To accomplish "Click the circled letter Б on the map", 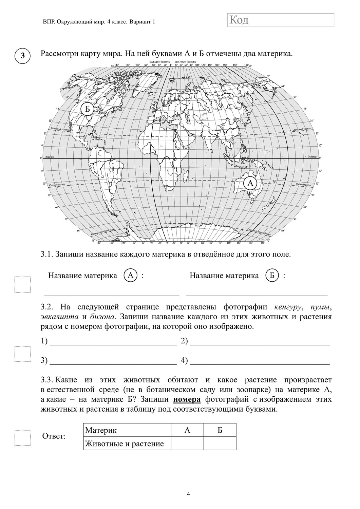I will [x=87, y=109].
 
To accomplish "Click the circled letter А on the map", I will [x=250, y=183].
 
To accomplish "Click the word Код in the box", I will [x=239, y=20].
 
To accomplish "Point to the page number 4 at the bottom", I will [x=188, y=494].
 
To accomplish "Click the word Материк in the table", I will [x=101, y=430].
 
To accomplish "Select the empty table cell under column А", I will [x=187, y=443].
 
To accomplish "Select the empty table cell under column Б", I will [x=220, y=443].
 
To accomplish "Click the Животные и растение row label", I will [x=125, y=444].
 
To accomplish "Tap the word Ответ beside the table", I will [x=53, y=436].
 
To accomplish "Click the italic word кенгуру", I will [x=288, y=307].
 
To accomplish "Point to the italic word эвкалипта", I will [x=60, y=317].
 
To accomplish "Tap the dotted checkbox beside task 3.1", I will [x=22, y=284].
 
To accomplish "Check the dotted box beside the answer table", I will [x=22, y=438].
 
